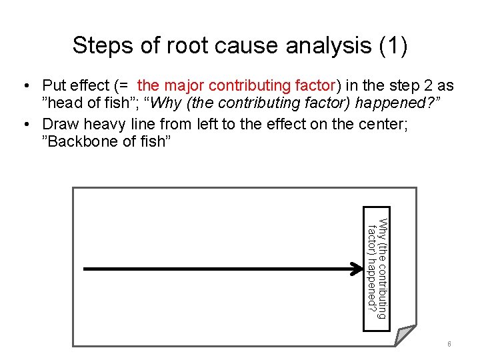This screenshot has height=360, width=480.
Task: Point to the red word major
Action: pyautogui.click(x=184, y=86)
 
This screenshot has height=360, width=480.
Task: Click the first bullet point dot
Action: pyautogui.click(x=25, y=86)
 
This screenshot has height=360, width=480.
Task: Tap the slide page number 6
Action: pyautogui.click(x=449, y=344)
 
